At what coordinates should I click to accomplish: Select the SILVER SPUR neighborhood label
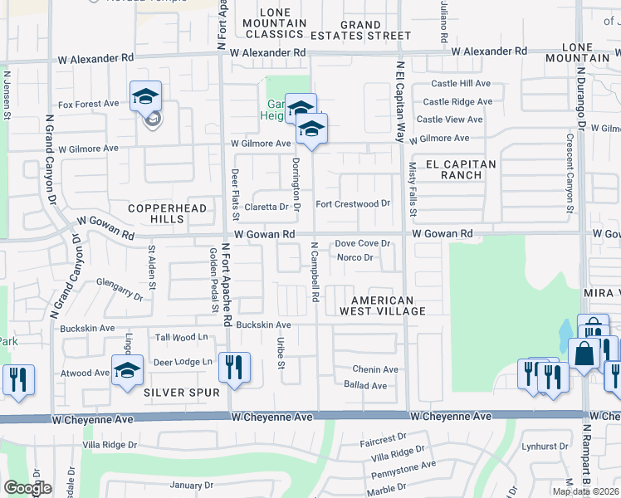pos(181,392)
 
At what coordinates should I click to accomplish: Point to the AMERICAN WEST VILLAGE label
pos(382,305)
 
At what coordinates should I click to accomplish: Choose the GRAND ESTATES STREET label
pos(361,31)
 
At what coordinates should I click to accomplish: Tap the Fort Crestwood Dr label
pos(353,203)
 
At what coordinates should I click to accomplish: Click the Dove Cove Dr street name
pos(362,244)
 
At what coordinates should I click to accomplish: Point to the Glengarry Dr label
pos(114,286)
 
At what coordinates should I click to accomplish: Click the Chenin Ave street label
pos(375,369)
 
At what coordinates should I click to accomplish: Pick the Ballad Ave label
pos(365,385)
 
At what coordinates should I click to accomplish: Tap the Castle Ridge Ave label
pos(457,102)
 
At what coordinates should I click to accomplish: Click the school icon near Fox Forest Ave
pos(145,96)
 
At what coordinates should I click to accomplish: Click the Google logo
pos(27,489)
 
